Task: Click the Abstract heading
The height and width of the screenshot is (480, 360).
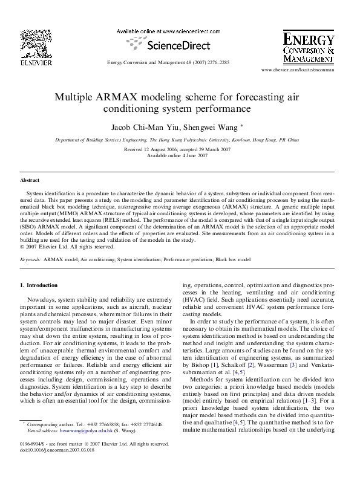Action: [30, 180]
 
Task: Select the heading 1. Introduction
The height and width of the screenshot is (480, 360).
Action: [39, 285]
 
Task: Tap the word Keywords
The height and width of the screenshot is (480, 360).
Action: [30, 259]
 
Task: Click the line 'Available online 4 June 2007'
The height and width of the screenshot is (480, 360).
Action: [177, 155]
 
